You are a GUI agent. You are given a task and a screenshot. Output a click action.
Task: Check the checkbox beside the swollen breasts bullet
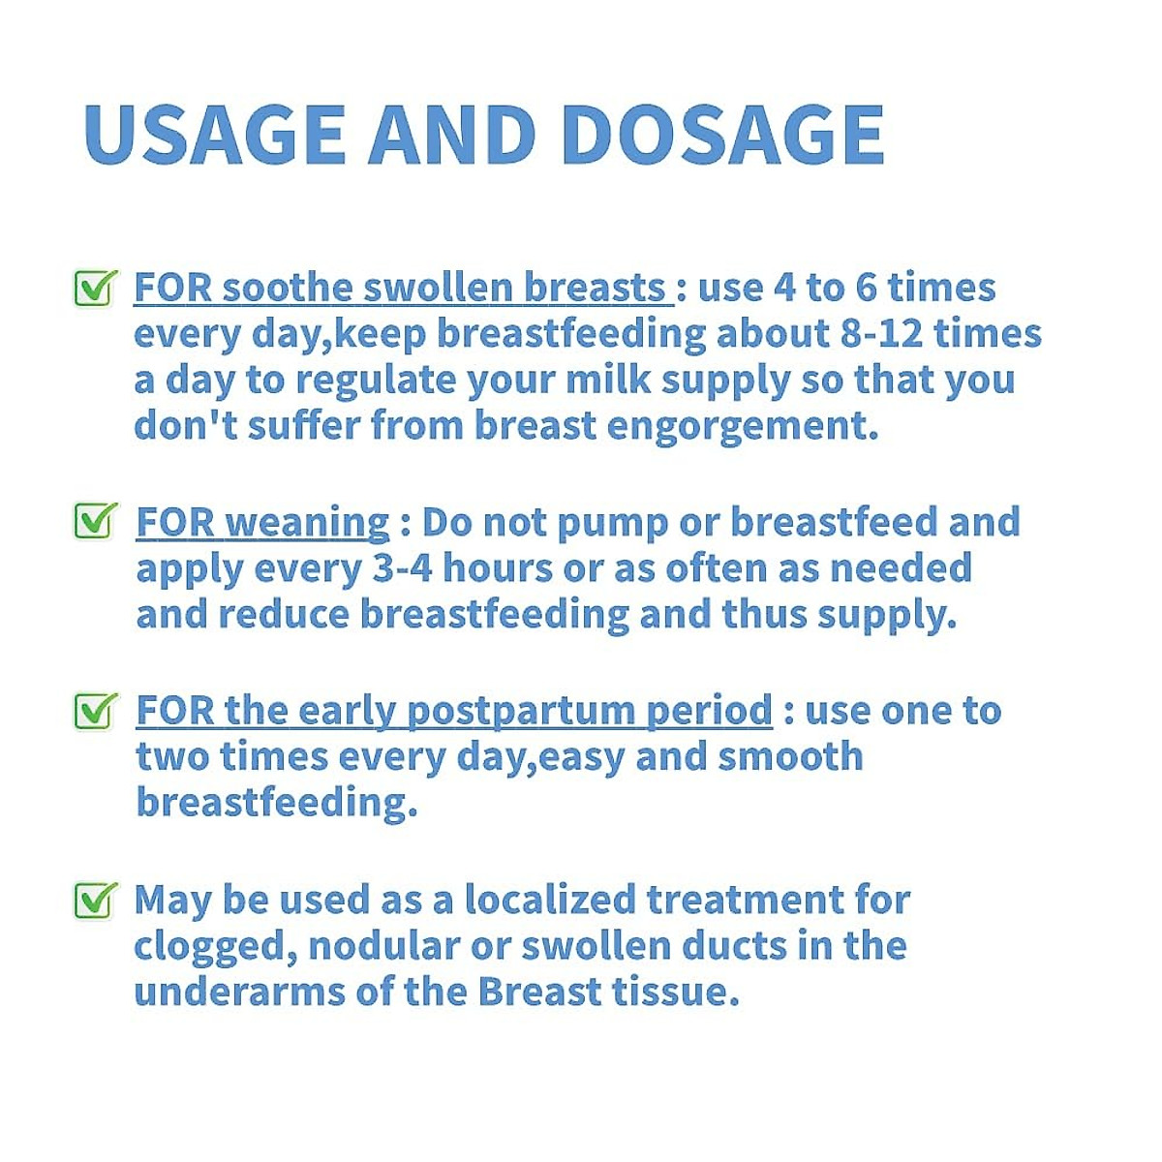click(95, 288)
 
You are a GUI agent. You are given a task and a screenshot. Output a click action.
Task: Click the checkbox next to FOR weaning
click(95, 521)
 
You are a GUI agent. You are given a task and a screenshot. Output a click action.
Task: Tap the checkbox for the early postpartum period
click(95, 711)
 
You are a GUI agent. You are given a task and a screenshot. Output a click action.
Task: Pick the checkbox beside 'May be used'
click(95, 900)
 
